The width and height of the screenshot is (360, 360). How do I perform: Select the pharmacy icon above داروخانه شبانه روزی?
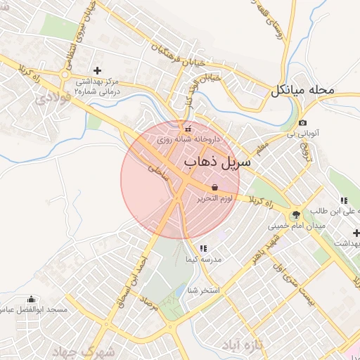pos(187,129)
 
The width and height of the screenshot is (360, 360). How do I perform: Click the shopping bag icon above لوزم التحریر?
pos(214,187)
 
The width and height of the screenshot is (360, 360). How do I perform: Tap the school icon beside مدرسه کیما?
pos(202,248)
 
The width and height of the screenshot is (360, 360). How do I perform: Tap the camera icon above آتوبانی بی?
pos(302,122)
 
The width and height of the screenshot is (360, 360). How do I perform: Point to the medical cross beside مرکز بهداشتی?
pos(97,70)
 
